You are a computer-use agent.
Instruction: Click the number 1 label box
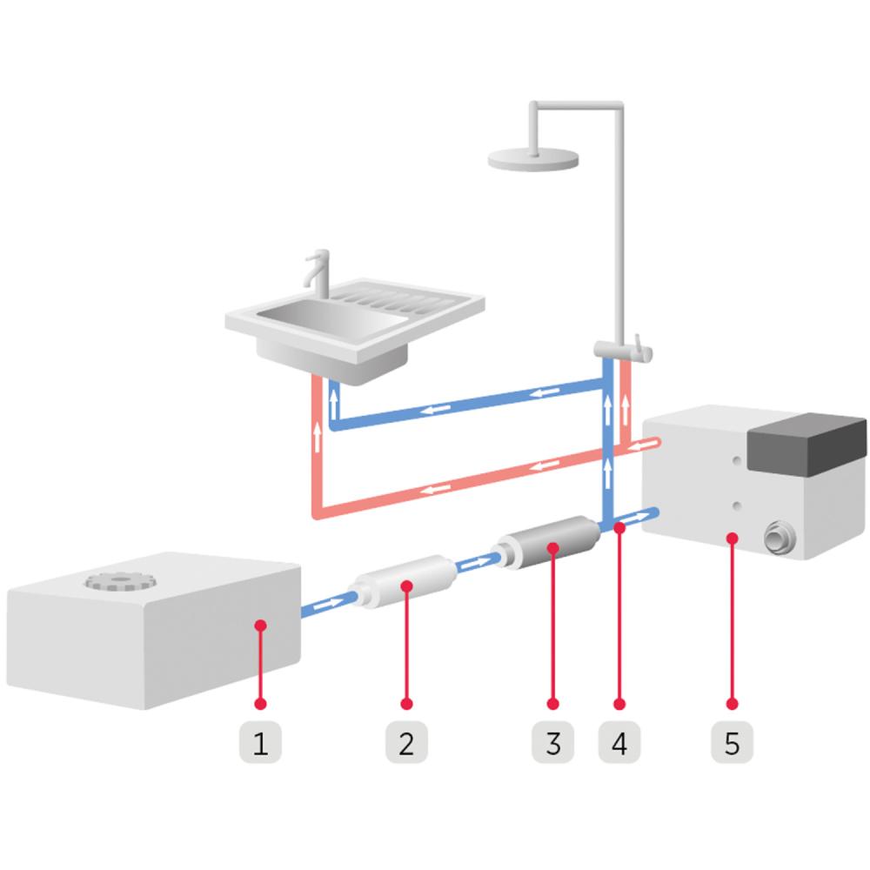260,744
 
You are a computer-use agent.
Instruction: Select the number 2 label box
406,744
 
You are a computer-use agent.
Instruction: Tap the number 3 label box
552,744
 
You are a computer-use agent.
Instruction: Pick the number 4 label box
619,744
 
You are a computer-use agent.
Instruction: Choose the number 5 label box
732,744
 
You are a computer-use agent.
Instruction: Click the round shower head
533,158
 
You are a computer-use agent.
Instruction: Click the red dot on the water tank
260,624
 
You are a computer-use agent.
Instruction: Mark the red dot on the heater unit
733,538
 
